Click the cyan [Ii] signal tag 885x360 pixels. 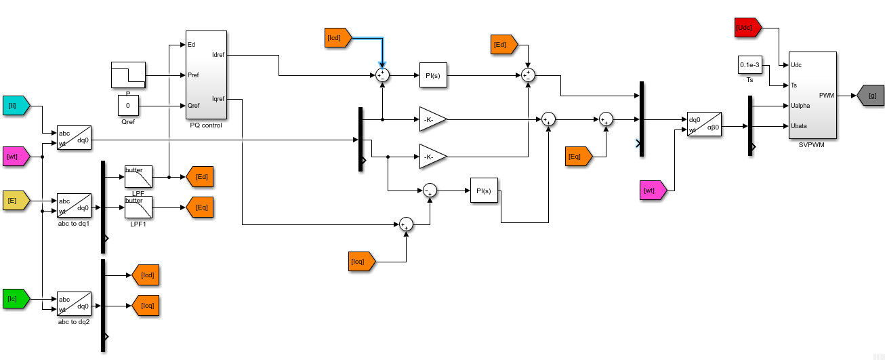coord(16,106)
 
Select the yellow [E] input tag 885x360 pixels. coord(16,201)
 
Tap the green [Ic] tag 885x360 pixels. coord(16,299)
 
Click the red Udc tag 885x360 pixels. coord(747,28)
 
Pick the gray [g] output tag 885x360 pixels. coord(871,96)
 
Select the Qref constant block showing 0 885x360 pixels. coord(128,106)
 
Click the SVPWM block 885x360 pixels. coord(812,95)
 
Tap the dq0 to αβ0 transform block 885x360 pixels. coord(703,124)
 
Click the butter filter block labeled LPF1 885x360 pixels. coord(138,207)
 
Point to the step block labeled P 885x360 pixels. coord(128,75)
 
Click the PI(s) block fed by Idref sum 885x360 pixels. coord(433,75)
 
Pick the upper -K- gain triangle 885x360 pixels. coord(432,119)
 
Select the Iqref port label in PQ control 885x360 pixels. coord(218,99)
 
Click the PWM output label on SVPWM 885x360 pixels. coord(827,96)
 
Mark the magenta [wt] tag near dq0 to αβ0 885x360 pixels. coord(653,191)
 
